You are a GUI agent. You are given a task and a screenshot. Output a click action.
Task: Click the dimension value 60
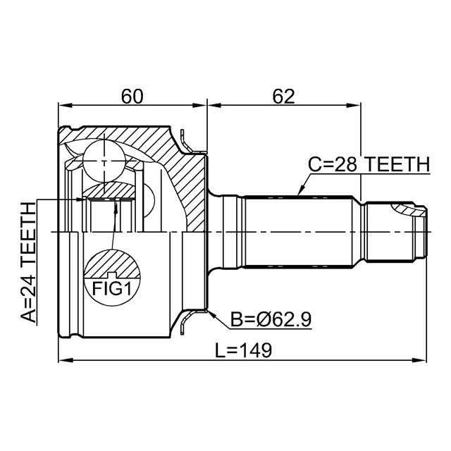pos(132,97)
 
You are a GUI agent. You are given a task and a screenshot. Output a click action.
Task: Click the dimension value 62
pos(283,97)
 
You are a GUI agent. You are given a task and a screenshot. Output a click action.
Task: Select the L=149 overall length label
pos(244,350)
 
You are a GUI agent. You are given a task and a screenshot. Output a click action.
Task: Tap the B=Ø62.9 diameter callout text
pos(271,319)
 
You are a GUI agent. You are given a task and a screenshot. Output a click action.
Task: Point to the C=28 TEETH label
pos(369,164)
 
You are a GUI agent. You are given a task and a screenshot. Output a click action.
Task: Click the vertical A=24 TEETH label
pos(28,262)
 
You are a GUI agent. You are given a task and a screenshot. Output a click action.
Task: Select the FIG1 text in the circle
pos(112,288)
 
